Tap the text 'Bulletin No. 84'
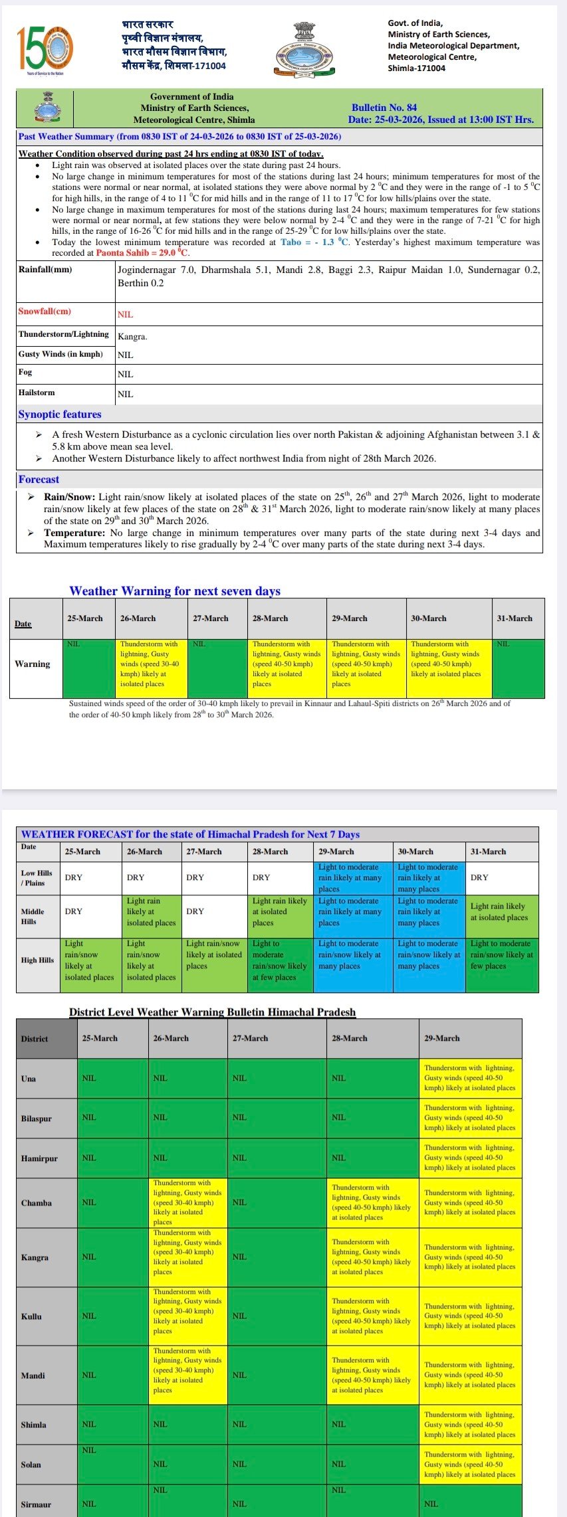coord(384,108)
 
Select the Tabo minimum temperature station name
coord(290,242)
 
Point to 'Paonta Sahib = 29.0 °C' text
coord(142,253)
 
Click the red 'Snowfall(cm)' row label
coord(45,312)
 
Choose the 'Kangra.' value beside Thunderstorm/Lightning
coord(132,337)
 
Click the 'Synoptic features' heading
coord(60,414)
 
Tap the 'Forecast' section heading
coord(39,480)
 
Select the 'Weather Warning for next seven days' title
coord(175,591)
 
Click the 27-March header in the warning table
coord(211,618)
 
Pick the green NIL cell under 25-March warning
coord(88,668)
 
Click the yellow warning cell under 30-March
coord(449,668)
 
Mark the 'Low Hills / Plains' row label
coord(37,878)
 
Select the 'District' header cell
coord(47,1039)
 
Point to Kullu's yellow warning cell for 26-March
coord(187,1316)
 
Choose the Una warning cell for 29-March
coord(471,1078)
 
